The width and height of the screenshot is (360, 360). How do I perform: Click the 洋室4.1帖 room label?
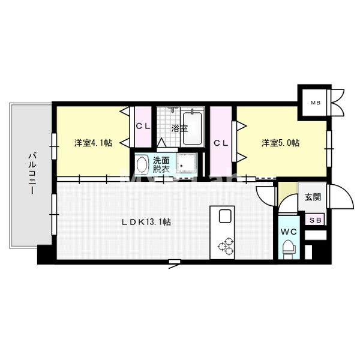93,143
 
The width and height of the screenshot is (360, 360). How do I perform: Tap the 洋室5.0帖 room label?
280,143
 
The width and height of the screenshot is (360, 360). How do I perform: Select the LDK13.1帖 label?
147,221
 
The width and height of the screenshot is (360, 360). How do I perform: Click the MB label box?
315,103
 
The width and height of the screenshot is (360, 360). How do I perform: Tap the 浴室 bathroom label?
179,128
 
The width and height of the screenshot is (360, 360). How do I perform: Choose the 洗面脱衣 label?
161,164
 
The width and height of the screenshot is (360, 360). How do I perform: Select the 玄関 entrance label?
312,197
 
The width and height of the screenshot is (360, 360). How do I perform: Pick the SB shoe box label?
314,220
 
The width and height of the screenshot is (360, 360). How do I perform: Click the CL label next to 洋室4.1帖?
143,126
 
